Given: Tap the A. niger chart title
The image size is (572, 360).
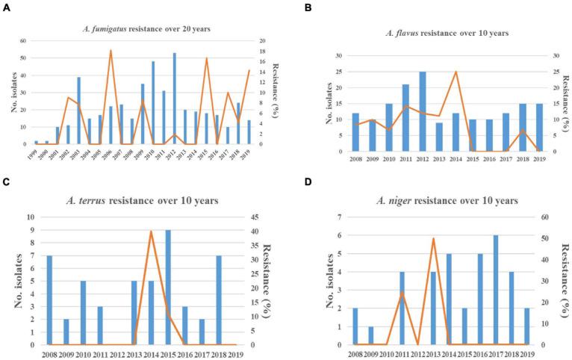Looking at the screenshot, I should click(x=437, y=201).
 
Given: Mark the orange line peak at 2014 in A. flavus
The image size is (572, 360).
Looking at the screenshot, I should click(x=456, y=72).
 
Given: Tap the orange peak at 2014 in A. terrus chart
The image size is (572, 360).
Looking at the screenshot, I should click(x=172, y=232).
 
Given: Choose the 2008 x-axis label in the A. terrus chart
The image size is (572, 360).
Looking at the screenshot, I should click(x=49, y=353).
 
